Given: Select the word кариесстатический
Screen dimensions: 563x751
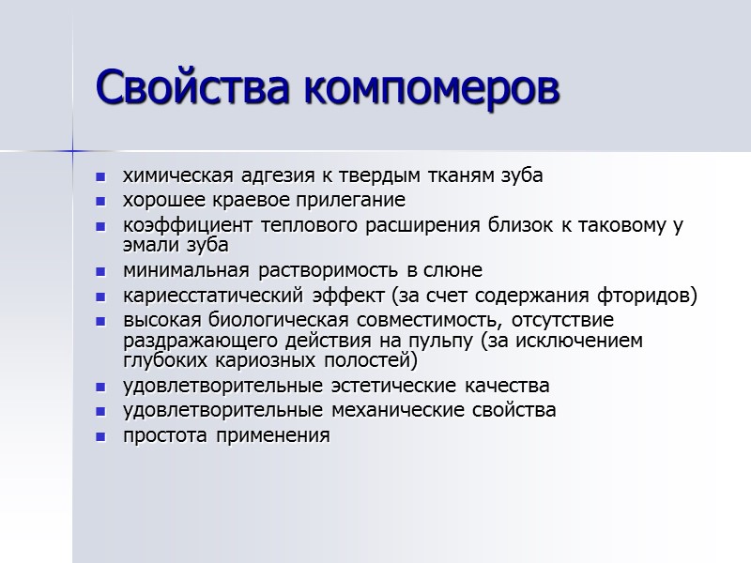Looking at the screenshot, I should [x=208, y=296].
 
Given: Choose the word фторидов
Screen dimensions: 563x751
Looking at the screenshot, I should [x=648, y=296].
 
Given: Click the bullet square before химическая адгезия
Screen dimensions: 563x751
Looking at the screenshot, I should [x=101, y=176].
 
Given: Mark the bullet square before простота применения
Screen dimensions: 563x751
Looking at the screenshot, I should [x=101, y=436].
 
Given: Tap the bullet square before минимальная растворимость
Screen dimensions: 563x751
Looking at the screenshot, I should [x=101, y=271].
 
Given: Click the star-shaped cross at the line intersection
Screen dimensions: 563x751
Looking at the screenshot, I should [x=72, y=150].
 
